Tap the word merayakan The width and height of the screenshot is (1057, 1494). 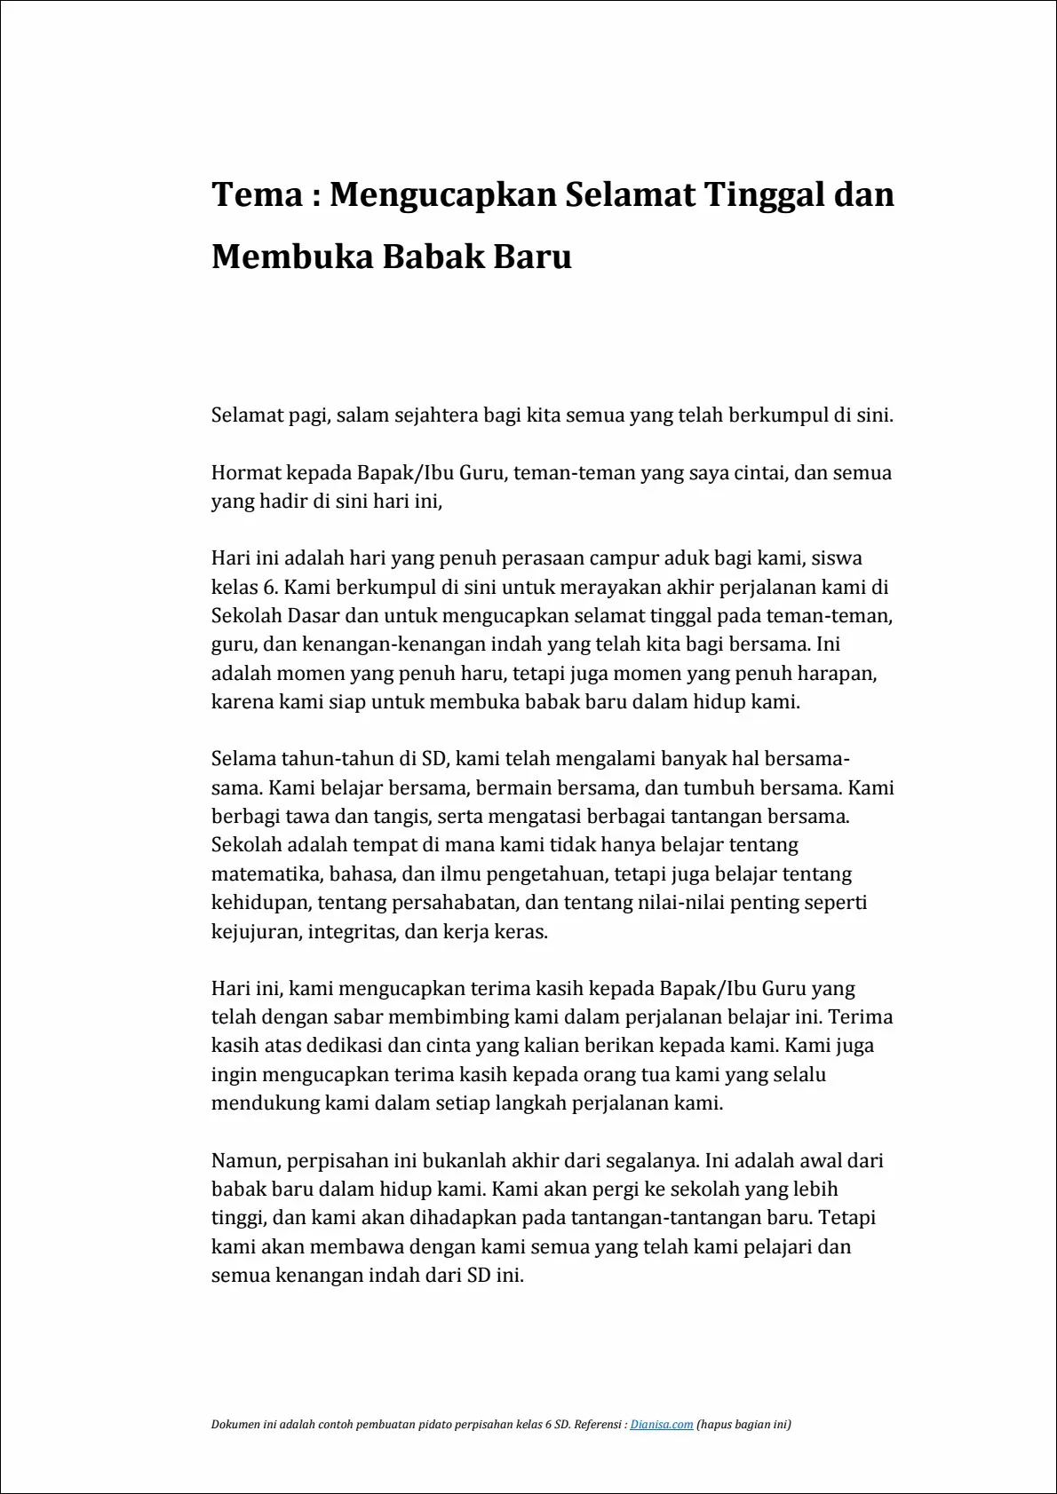603,588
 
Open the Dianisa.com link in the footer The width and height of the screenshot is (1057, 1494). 662,1425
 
